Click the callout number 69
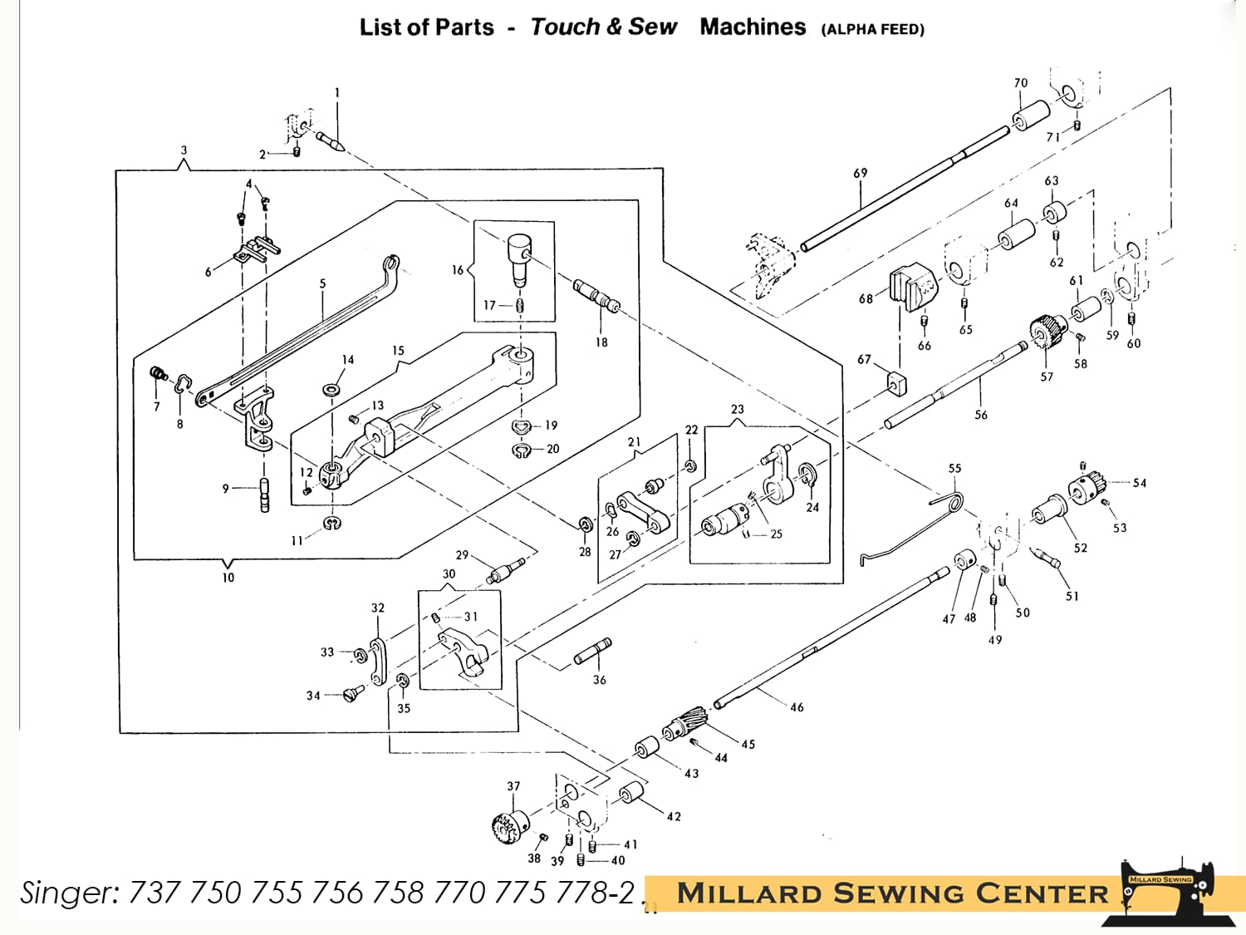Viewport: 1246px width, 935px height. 860,173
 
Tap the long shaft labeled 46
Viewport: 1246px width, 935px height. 831,640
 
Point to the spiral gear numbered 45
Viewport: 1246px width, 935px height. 686,722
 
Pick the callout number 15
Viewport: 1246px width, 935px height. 398,351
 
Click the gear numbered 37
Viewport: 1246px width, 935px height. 510,825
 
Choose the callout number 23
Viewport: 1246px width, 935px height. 738,409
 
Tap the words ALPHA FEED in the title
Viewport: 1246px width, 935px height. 872,29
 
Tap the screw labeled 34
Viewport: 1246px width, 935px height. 354,691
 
